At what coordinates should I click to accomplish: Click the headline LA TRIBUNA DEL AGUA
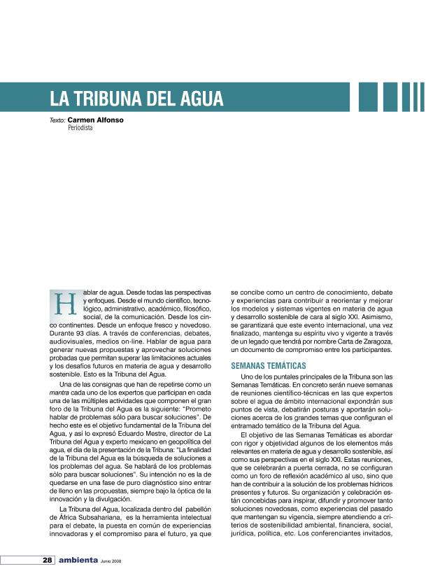click(x=136, y=98)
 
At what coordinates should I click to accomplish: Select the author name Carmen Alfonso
click(x=96, y=120)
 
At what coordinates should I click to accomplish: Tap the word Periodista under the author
click(x=80, y=129)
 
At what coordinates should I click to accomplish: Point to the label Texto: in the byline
click(x=57, y=120)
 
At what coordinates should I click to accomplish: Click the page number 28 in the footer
click(x=47, y=561)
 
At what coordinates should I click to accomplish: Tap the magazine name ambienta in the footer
click(x=78, y=561)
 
